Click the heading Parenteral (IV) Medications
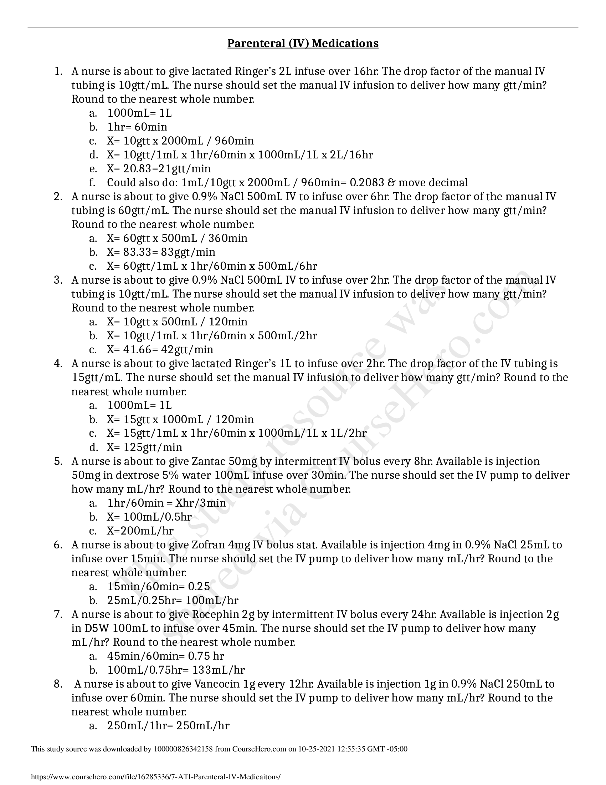pyautogui.click(x=303, y=44)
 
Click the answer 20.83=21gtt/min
pyautogui.click(x=159, y=168)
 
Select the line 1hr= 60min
pyautogui.click(x=137, y=127)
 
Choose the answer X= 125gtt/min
pyautogui.click(x=144, y=447)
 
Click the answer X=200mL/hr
pyautogui.click(x=140, y=531)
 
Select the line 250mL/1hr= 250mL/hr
pyautogui.click(x=168, y=726)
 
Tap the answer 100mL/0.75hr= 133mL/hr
pyautogui.click(x=176, y=670)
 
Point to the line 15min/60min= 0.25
pyautogui.click(x=159, y=587)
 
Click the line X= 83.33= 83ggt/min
pyautogui.click(x=161, y=252)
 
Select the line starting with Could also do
pyautogui.click(x=287, y=183)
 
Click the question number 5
pyautogui.click(x=58, y=461)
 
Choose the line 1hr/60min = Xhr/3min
pyautogui.click(x=166, y=503)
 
